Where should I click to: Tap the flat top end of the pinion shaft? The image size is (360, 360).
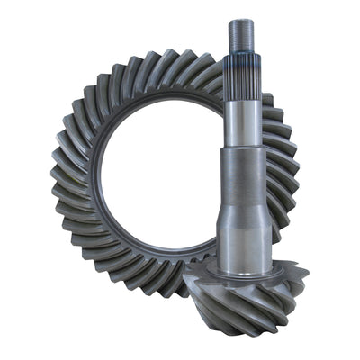[x=242, y=21]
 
